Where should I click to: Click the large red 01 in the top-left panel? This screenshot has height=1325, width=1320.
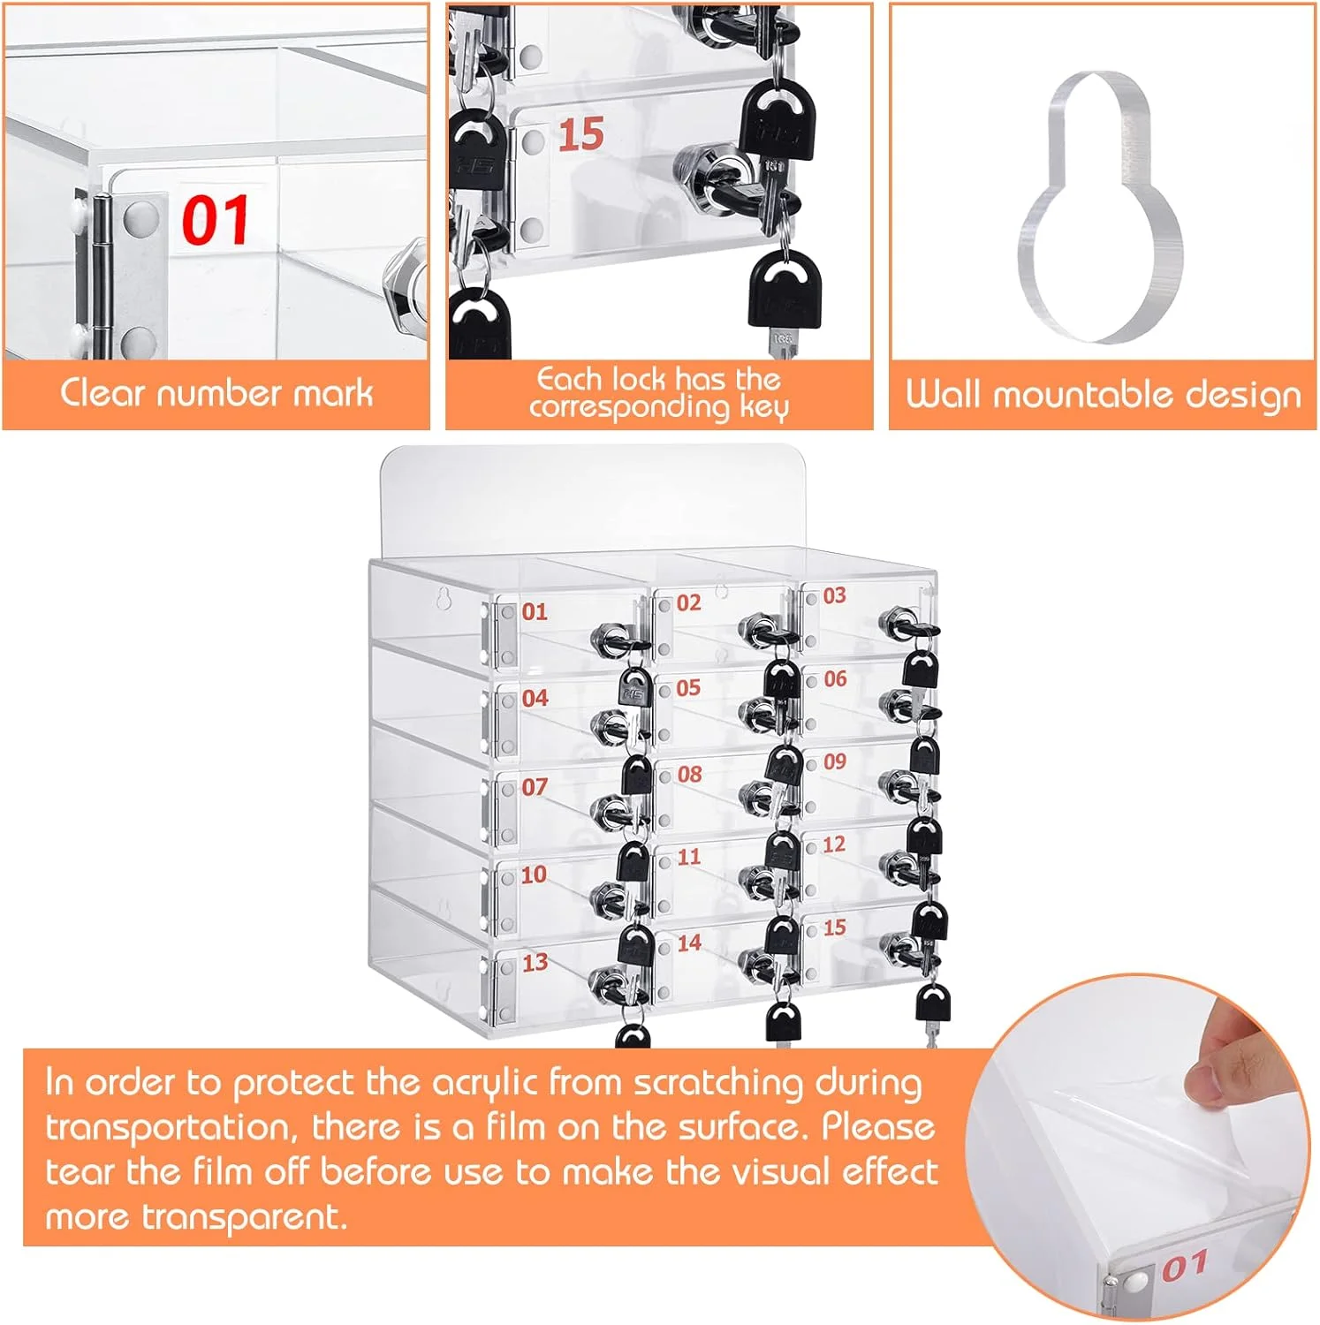pyautogui.click(x=216, y=220)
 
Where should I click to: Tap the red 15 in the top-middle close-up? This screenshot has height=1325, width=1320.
pyautogui.click(x=580, y=134)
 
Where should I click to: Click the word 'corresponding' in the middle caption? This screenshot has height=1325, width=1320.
pyautogui.click(x=629, y=407)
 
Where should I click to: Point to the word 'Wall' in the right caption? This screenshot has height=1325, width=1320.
pyautogui.click(x=943, y=394)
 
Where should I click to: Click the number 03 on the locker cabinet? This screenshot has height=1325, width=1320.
pyautogui.click(x=834, y=595)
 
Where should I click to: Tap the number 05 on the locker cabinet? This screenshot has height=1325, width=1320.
pyautogui.click(x=688, y=687)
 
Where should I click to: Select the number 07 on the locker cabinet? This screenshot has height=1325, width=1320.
pyautogui.click(x=535, y=786)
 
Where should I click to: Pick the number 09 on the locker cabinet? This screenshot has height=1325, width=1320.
pyautogui.click(x=835, y=761)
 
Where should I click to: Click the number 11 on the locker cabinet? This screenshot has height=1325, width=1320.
pyautogui.click(x=689, y=856)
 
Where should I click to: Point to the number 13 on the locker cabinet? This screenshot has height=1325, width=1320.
pyautogui.click(x=535, y=962)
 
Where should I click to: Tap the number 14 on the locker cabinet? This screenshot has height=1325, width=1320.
pyautogui.click(x=689, y=943)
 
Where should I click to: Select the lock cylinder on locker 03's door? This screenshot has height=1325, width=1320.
pyautogui.click(x=899, y=622)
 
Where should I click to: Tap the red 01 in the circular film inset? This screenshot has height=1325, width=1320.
pyautogui.click(x=1184, y=1265)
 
